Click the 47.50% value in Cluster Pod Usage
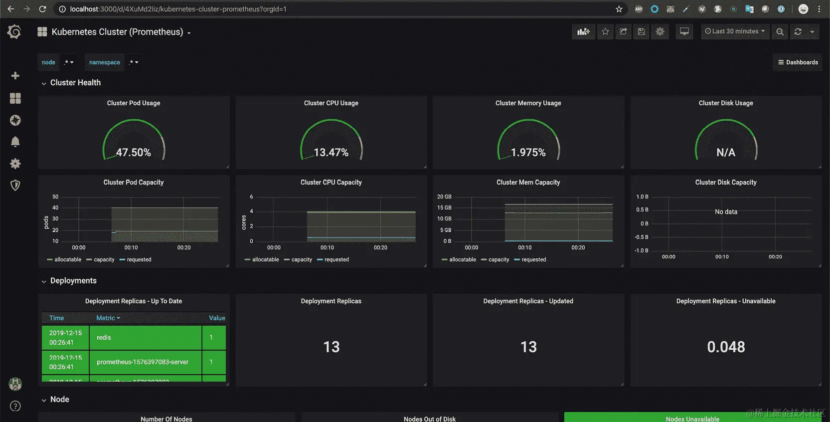(133, 153)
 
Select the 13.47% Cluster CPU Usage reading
(331, 153)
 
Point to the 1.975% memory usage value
(528, 153)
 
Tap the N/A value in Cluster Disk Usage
(726, 153)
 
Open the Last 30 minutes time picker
(735, 31)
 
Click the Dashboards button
(798, 62)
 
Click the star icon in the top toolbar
(605, 32)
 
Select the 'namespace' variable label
(105, 62)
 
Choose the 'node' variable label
(48, 62)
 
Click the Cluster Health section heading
(75, 83)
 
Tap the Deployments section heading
(73, 281)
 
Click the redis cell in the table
(104, 338)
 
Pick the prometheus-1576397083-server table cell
(143, 362)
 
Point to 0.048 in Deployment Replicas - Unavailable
(726, 347)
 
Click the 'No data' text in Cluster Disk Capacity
(726, 212)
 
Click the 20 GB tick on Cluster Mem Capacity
(444, 197)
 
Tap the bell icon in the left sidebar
(15, 142)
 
